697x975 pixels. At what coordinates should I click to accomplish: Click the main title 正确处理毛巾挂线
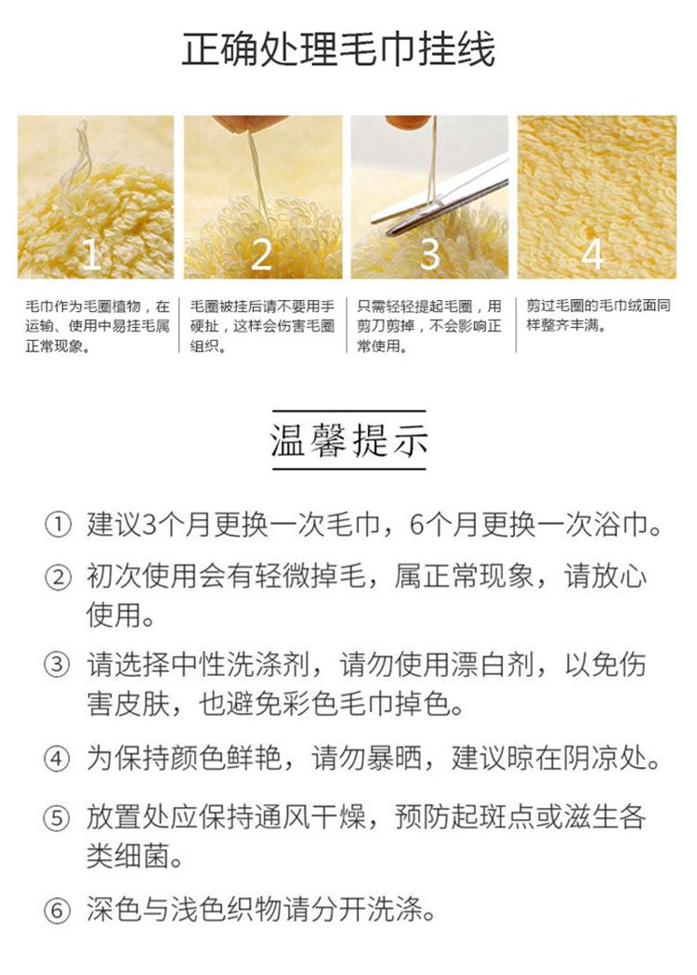(338, 49)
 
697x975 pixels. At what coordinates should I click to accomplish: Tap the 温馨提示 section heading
(349, 440)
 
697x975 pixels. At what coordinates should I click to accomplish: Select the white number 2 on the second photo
(261, 253)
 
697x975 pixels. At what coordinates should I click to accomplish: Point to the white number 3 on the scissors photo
(430, 253)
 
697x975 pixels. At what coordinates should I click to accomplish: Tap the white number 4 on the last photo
(593, 253)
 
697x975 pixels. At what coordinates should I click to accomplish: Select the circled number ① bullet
(57, 526)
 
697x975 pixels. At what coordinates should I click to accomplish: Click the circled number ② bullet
(57, 578)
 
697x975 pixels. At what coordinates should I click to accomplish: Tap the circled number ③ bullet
(57, 665)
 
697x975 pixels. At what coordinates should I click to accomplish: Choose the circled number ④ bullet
(57, 759)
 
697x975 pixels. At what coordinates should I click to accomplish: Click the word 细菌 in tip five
(142, 857)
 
